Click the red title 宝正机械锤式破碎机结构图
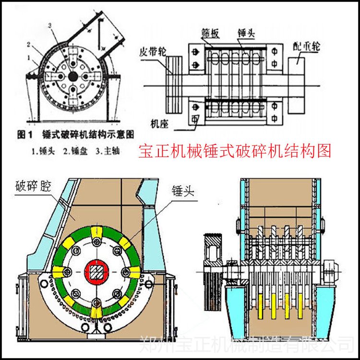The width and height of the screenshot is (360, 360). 234,151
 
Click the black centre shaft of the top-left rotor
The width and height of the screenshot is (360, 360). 72,76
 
